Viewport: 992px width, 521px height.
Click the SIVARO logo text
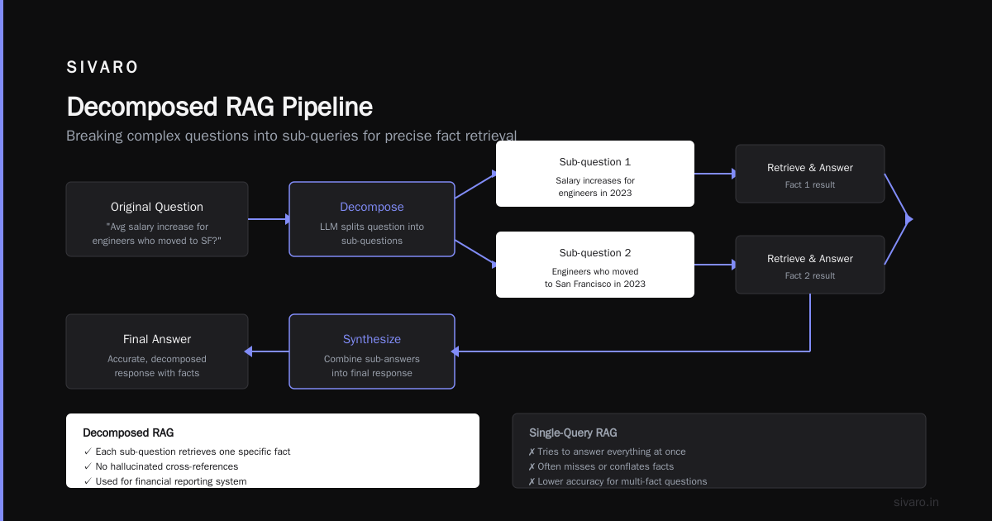click(x=102, y=67)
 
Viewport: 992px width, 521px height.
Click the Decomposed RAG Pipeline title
click(x=220, y=107)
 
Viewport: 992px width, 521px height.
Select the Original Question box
click(x=157, y=219)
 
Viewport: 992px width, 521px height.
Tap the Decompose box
click(x=372, y=219)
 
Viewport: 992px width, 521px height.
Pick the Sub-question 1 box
click(x=595, y=174)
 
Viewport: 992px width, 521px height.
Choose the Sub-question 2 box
click(x=595, y=265)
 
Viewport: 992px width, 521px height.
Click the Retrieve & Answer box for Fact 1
click(x=810, y=174)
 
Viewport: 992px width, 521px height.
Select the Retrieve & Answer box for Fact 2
click(x=810, y=265)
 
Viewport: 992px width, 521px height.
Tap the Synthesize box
click(x=372, y=351)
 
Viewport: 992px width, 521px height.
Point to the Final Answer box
click(x=157, y=351)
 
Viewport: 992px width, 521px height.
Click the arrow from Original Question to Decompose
click(x=269, y=219)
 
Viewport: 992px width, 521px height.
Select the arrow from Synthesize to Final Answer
click(x=266, y=351)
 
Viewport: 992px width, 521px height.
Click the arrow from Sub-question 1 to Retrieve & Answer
click(x=715, y=174)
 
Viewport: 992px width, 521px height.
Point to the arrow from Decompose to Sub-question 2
click(x=475, y=253)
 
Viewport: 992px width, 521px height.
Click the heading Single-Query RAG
click(x=573, y=433)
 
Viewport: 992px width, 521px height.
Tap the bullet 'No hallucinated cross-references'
click(x=160, y=466)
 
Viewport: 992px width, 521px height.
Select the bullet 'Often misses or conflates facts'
click(x=601, y=466)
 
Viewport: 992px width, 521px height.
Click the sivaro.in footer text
click(x=916, y=502)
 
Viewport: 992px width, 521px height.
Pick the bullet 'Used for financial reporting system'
click(x=165, y=481)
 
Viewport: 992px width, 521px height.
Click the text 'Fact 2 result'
click(x=810, y=275)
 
